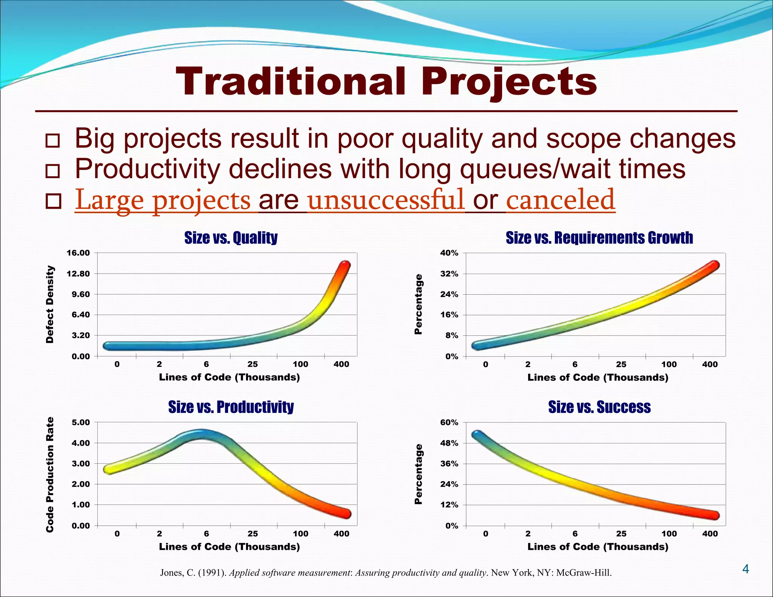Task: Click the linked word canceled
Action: (561, 200)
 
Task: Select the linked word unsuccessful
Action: (386, 200)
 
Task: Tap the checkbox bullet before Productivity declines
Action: (53, 171)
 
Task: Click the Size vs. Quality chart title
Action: (231, 238)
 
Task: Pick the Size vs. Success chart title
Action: (599, 407)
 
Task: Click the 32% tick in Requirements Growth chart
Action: (449, 274)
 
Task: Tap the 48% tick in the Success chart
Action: (449, 443)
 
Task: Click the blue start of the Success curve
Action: (477, 434)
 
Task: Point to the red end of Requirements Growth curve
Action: (714, 265)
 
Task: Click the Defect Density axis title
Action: (49, 304)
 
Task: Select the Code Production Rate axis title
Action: (49, 474)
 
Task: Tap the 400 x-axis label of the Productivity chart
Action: (341, 534)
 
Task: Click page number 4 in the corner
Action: (745, 569)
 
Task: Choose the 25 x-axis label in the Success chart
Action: (621, 534)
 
